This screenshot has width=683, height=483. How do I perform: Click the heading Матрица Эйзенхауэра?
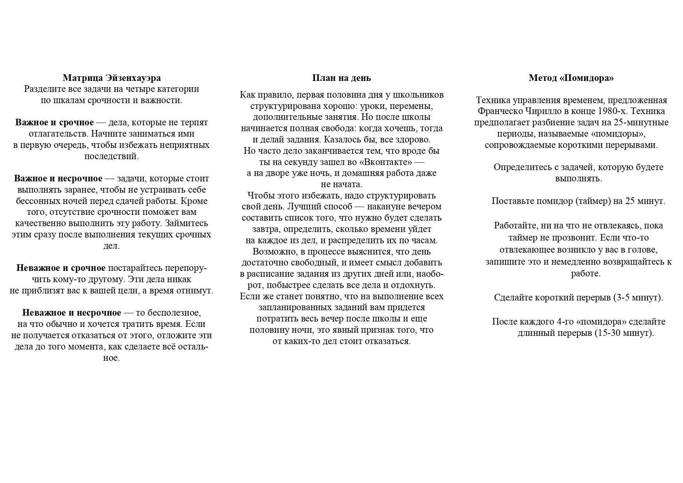111,78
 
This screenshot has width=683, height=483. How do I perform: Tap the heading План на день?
341,78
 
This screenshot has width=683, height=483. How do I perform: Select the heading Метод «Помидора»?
571,78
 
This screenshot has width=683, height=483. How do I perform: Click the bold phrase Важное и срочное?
55,123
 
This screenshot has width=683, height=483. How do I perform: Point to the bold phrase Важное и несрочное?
58,179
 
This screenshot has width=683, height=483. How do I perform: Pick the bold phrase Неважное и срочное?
61,268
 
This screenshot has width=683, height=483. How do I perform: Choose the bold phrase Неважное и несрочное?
72,313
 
